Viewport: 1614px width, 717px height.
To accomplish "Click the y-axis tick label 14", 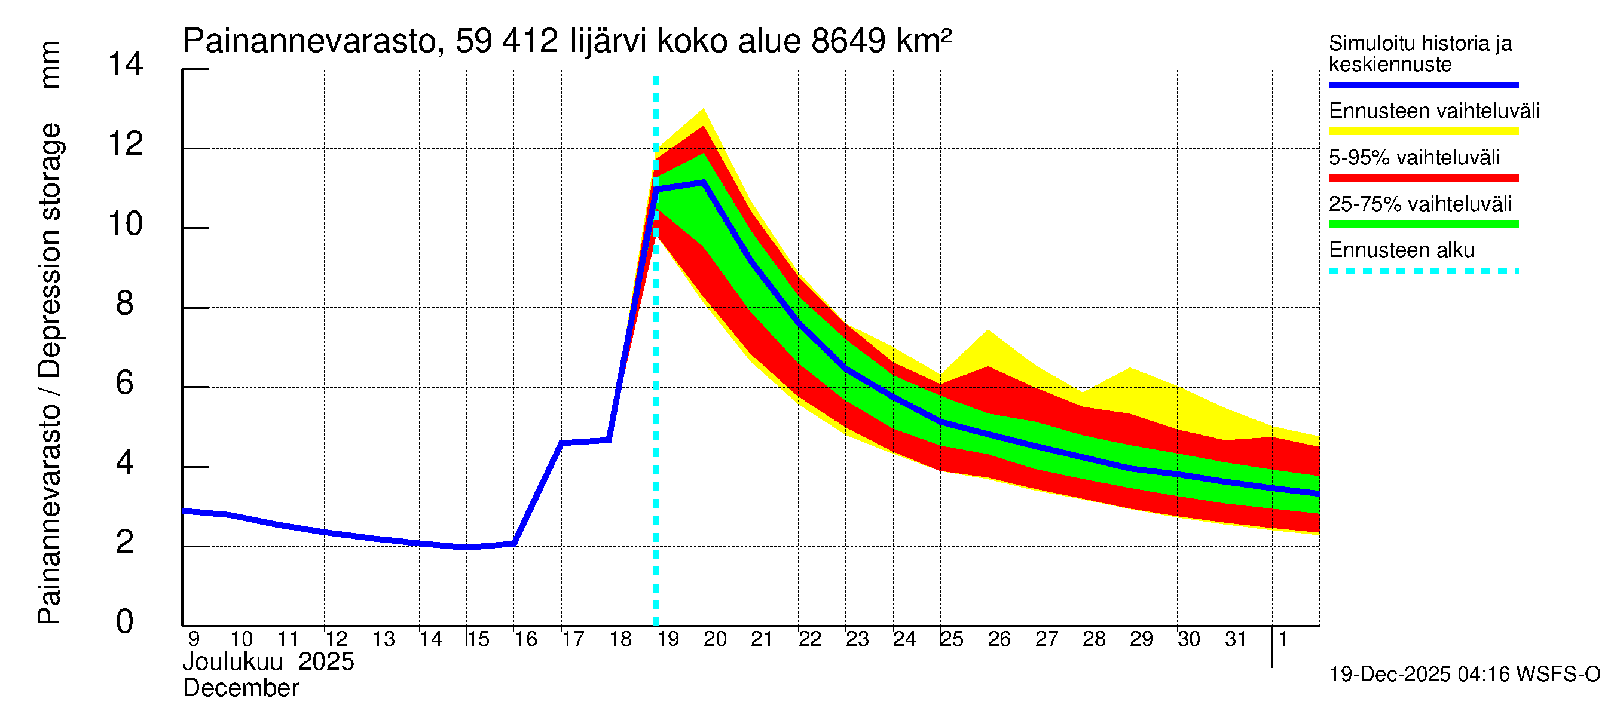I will click(126, 65).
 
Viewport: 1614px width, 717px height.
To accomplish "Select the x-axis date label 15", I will click(478, 639).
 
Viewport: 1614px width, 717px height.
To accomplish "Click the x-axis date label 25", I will click(951, 639).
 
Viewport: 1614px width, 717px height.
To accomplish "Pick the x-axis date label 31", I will click(1236, 639).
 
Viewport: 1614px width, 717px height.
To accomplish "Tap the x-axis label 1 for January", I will click(1283, 639).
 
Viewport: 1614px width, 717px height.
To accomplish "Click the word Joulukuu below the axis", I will click(233, 662).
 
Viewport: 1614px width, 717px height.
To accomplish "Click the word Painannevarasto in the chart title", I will click(310, 41).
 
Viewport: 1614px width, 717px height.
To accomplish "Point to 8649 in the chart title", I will click(848, 41).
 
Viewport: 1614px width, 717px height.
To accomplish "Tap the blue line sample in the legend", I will click(1423, 84).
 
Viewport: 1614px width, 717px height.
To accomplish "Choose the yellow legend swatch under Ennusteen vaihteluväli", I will click(1423, 131).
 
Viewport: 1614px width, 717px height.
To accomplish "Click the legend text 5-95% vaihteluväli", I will click(1414, 157).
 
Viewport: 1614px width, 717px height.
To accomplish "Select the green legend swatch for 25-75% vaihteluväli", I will click(1423, 224).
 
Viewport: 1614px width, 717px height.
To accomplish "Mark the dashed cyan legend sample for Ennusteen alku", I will click(1423, 271).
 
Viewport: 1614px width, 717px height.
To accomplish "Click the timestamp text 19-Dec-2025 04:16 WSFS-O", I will click(1464, 675).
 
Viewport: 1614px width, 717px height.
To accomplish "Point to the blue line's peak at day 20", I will click(704, 182).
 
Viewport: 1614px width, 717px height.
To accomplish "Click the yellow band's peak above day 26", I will click(988, 330).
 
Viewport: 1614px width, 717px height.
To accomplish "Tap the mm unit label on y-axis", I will click(50, 65).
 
